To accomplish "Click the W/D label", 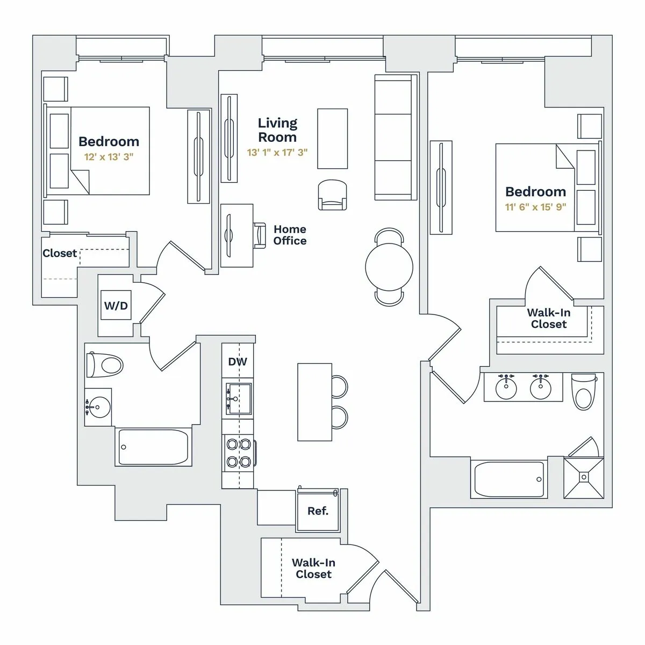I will (x=116, y=306).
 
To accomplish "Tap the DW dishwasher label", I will (x=238, y=362).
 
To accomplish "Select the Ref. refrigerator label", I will (x=318, y=511).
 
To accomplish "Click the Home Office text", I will (x=290, y=235).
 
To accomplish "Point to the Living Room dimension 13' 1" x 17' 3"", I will (x=277, y=153).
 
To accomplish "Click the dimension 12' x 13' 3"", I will (x=109, y=157).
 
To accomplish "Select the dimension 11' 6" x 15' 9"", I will (x=535, y=207).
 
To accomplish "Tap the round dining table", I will (x=389, y=267).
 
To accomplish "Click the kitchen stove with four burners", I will (x=239, y=453).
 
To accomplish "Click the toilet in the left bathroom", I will (x=105, y=365).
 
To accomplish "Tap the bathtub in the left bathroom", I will (x=153, y=447).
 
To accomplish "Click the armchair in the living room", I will (x=333, y=195).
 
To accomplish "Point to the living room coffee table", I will (x=332, y=139).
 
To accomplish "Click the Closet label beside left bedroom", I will (x=60, y=253).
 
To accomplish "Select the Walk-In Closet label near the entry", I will (x=313, y=568).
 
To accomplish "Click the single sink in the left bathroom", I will (x=98, y=407).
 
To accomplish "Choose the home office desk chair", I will (x=260, y=235).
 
